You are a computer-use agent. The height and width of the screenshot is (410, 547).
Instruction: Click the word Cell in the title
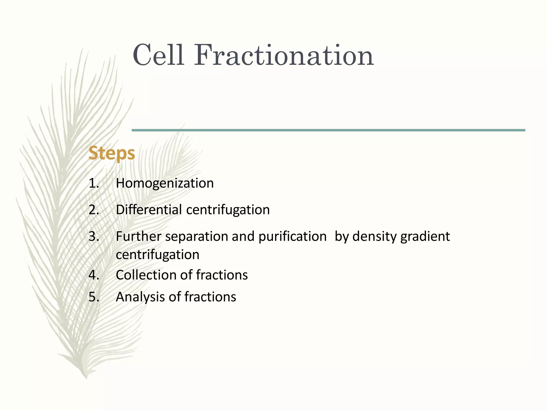tap(158, 55)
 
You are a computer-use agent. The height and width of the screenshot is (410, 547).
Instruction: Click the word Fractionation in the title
tap(284, 55)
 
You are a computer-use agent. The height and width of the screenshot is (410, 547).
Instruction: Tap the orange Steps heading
tap(112, 153)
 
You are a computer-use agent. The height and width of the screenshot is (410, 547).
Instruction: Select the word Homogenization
tap(165, 183)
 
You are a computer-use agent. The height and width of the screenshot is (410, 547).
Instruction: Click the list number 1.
tap(93, 183)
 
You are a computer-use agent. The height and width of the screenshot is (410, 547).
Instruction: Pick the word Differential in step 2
tap(149, 210)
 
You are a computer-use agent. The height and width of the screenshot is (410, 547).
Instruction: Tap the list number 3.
tap(93, 236)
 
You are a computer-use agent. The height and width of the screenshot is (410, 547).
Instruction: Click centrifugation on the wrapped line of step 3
tap(158, 255)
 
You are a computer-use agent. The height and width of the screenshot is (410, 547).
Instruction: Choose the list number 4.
tap(93, 275)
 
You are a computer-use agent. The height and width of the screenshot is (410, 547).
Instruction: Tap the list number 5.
tap(93, 297)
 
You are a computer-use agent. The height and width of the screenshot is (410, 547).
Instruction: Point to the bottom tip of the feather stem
tap(86, 377)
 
